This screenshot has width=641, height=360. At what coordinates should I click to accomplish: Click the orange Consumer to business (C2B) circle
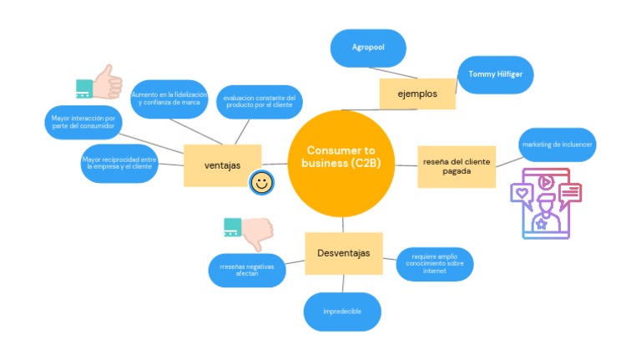(341, 164)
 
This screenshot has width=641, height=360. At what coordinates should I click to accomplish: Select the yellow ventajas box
(222, 165)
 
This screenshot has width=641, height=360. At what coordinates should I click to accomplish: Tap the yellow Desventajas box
(343, 253)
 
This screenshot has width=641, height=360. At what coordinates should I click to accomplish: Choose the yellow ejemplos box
(417, 94)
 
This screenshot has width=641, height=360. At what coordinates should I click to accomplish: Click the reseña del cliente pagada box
(457, 165)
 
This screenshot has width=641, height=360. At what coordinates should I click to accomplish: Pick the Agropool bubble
(368, 48)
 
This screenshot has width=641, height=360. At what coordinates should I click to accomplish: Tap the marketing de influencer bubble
(558, 145)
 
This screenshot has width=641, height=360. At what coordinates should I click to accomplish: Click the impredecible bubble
(342, 312)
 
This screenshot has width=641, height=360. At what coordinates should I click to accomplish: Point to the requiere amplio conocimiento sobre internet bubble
(435, 265)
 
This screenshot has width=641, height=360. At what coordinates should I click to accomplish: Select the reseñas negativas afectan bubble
(247, 270)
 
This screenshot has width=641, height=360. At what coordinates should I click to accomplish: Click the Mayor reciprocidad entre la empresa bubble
(120, 163)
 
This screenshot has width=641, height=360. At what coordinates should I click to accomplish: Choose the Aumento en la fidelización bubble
(169, 99)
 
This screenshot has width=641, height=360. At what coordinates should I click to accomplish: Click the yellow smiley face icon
(261, 182)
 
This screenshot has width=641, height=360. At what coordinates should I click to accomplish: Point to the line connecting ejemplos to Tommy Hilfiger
(457, 83)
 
